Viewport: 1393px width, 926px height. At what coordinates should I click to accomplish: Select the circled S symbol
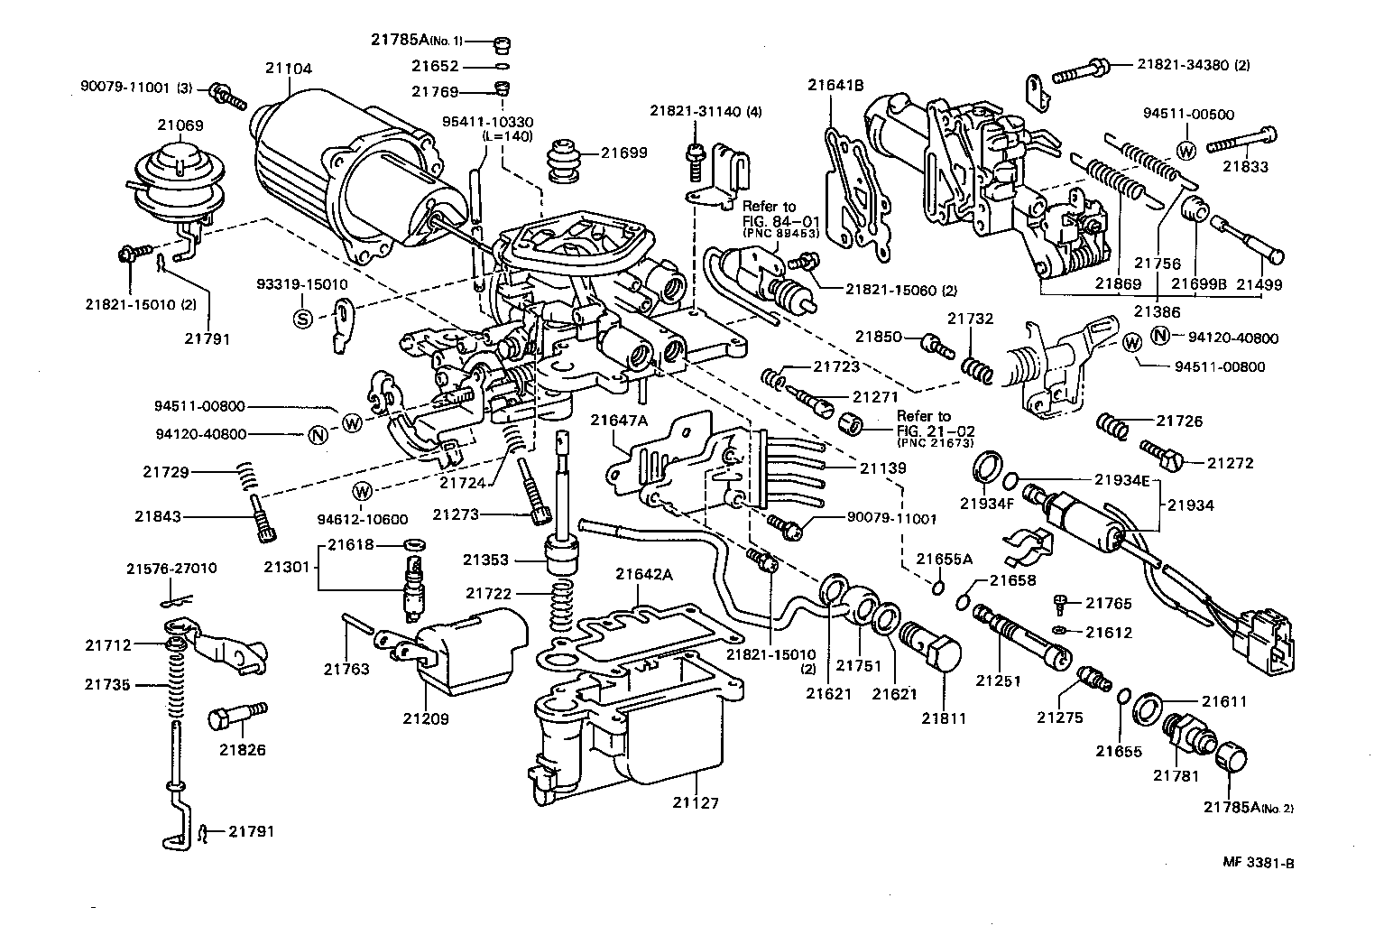tap(303, 318)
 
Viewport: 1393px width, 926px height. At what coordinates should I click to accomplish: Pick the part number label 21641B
tap(835, 86)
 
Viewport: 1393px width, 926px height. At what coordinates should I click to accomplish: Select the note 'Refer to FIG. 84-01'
tap(782, 219)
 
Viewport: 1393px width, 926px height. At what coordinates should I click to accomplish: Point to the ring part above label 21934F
tap(989, 468)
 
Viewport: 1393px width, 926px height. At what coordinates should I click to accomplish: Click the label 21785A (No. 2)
tap(1248, 808)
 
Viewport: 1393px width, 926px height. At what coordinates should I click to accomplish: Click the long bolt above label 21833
tap(1241, 139)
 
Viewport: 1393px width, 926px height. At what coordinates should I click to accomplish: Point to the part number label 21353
tap(486, 560)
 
